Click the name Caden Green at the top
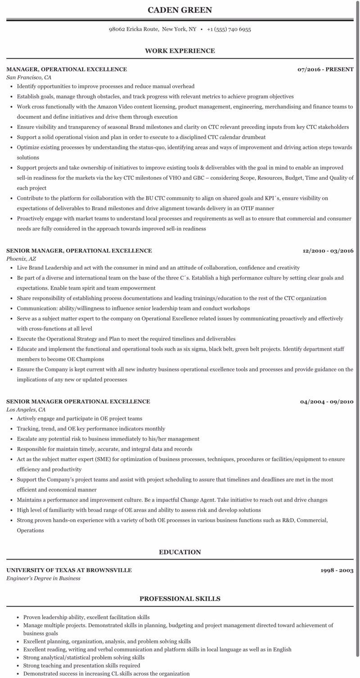(x=180, y=10)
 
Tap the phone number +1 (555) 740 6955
(x=229, y=29)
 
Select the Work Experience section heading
(x=180, y=51)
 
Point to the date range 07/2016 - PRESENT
(x=325, y=69)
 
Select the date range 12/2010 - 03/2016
(x=328, y=251)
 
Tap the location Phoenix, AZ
(x=21, y=259)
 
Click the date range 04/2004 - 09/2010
(x=327, y=402)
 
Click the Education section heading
(x=180, y=552)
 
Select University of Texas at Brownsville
(x=69, y=570)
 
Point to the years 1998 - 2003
(x=337, y=570)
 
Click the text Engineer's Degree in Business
(x=43, y=579)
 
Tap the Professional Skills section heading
(x=180, y=599)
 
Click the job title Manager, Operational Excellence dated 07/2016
(x=67, y=69)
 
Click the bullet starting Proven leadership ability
(x=86, y=617)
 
